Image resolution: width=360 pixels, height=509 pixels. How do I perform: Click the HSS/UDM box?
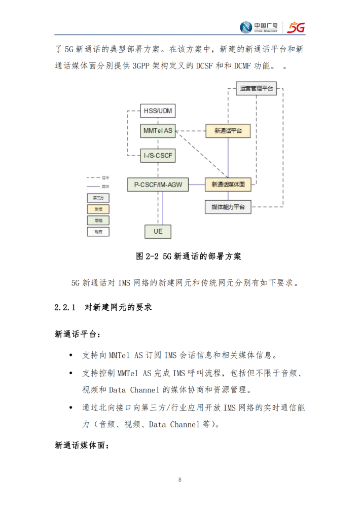point(158,111)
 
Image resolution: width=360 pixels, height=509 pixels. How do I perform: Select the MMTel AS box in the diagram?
point(158,131)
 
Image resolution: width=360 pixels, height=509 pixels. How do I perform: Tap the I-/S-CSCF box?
point(158,156)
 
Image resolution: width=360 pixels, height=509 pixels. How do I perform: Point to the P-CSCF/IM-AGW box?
point(158,185)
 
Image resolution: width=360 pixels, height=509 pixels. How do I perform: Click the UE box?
point(158,232)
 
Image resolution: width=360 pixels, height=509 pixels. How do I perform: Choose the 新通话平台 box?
point(228,131)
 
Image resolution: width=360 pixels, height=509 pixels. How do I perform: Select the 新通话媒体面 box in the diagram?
point(228,185)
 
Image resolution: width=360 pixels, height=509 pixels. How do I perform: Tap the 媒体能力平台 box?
point(228,207)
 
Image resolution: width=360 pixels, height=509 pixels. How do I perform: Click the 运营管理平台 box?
point(256,88)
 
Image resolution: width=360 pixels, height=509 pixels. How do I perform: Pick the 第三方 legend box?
point(98,198)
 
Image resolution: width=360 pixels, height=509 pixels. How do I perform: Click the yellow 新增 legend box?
point(98,209)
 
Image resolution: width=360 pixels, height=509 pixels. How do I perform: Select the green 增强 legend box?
point(98,221)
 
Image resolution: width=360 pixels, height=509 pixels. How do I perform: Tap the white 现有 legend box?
point(98,232)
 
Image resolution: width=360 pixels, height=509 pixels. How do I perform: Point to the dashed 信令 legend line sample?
point(93,177)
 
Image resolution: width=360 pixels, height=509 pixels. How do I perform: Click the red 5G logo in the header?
point(296,27)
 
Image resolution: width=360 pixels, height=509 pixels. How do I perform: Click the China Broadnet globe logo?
point(246,27)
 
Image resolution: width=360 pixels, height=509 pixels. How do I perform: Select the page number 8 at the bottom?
point(180,480)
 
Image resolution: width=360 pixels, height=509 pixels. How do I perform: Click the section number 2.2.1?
point(65,307)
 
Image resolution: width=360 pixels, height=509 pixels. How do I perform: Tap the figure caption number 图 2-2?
point(148,257)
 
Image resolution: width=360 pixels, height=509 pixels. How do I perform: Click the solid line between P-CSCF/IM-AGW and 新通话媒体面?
point(197,185)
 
